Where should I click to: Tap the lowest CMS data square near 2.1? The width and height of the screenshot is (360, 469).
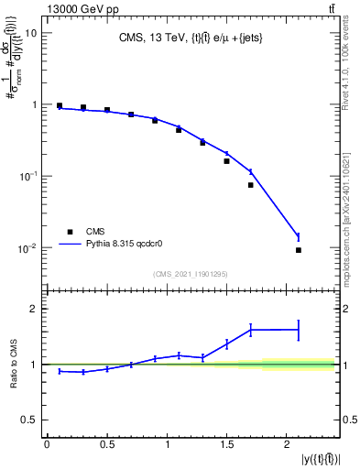tap(299, 250)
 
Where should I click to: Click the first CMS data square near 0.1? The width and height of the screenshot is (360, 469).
tap(60, 105)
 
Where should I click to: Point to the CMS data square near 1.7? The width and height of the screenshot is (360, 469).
tap(250, 185)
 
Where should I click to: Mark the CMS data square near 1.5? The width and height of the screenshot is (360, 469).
tap(226, 161)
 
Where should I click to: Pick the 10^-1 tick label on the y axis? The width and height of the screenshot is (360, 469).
tap(28, 176)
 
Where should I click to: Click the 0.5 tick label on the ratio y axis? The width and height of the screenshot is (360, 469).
tap(29, 420)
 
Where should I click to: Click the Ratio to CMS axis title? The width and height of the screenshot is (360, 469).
tap(13, 365)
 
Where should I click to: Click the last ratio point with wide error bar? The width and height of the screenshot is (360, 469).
tap(299, 329)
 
